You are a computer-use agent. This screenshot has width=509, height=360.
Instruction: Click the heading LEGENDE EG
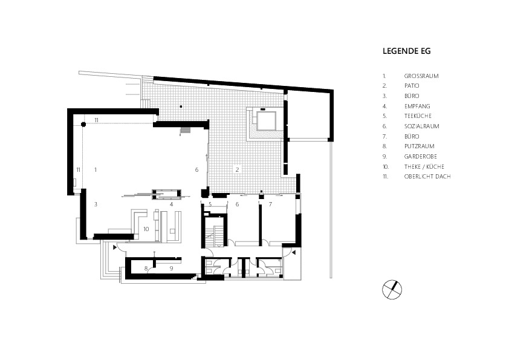coord(406,51)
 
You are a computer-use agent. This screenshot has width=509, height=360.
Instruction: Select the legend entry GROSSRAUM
coord(421,76)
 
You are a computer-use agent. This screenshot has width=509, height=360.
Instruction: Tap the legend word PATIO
coord(412,86)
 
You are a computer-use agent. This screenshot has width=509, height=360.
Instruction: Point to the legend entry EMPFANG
coord(417,106)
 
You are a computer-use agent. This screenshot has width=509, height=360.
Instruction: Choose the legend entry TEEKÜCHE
coord(418,116)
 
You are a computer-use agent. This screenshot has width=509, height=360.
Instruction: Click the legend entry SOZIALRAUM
coord(422,126)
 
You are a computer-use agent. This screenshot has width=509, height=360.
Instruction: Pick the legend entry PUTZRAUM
coord(419,146)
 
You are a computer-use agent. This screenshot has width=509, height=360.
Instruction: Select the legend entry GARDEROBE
coord(420,156)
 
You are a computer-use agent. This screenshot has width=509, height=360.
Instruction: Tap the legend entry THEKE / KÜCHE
coord(424,166)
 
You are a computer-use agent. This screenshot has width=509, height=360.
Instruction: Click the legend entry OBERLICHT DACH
coord(427,177)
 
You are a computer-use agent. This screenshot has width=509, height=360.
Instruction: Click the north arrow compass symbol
coord(392,289)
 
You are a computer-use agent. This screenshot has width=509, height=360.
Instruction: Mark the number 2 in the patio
coord(238,169)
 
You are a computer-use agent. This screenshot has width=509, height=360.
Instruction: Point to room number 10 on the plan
coord(146,229)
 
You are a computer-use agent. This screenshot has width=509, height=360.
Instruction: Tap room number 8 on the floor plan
coord(146,269)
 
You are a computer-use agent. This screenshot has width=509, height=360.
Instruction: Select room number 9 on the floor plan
coord(172,269)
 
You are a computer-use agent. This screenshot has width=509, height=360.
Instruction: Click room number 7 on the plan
coord(270,204)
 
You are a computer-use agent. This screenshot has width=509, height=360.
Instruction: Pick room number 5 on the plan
coord(210,204)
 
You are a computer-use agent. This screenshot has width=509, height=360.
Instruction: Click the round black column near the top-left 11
coord(83,124)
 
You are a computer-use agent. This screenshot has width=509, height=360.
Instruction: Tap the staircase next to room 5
coord(215,232)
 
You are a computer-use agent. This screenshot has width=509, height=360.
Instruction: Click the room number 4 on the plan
coord(172,204)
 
